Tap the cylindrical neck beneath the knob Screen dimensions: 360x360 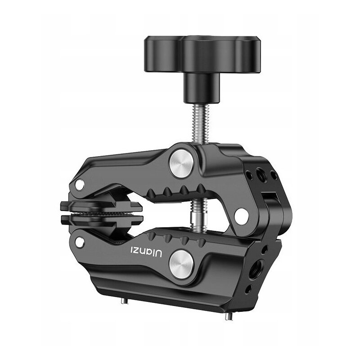201,88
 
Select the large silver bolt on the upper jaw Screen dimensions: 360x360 181,163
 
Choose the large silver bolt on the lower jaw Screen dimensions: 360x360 181,264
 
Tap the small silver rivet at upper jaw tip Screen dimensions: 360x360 80,185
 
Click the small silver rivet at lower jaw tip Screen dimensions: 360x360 80,243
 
